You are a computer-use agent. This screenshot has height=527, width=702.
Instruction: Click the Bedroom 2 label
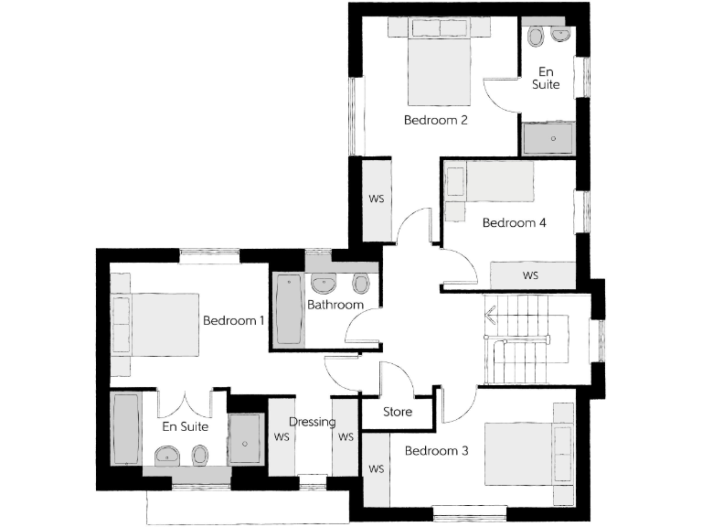[436, 120]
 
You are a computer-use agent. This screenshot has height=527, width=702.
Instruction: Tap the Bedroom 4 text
[514, 222]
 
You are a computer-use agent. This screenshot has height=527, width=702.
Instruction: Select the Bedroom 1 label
[233, 321]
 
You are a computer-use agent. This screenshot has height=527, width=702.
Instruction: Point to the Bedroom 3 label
[436, 450]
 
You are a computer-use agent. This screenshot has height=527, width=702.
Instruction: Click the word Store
[397, 412]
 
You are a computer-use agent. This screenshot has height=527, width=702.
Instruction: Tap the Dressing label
[312, 422]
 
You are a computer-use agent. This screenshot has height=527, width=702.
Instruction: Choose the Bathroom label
[335, 305]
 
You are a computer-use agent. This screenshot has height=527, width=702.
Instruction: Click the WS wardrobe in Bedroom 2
[376, 199]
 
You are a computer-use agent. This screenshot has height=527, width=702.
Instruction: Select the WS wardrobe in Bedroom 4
[531, 274]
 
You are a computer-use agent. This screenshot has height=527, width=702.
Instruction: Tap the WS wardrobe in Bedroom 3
[376, 468]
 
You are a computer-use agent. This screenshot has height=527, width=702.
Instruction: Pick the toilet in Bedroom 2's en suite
[536, 36]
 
